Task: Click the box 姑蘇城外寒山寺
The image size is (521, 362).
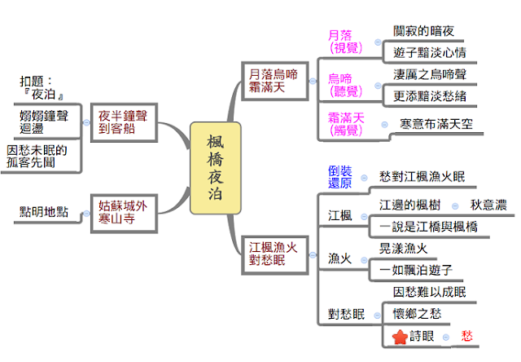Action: (122, 211)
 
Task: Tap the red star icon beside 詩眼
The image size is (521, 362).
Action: (400, 336)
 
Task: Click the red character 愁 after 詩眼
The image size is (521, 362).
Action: (466, 335)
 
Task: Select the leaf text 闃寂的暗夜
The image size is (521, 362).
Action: (423, 31)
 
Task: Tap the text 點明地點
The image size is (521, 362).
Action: (44, 212)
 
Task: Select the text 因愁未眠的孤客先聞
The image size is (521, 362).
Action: (40, 157)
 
